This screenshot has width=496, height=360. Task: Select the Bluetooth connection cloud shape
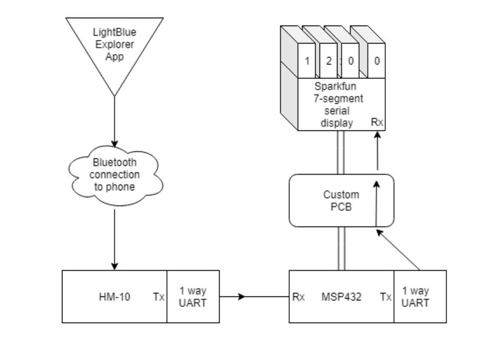point(114,175)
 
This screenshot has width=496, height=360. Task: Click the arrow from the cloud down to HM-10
point(114,239)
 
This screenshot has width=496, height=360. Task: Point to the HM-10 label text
point(114,297)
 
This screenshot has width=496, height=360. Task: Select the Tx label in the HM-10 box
point(158,297)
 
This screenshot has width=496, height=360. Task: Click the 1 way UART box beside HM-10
point(193,297)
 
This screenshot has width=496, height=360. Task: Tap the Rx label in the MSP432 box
point(299,297)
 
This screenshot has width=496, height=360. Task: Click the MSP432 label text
point(341,297)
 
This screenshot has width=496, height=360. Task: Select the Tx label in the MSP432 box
point(385,297)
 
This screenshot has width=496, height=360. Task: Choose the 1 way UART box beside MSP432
point(420,297)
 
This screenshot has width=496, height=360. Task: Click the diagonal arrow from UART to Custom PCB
point(399,250)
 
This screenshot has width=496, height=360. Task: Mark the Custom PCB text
point(341,200)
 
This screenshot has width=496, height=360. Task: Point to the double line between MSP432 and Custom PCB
point(341,248)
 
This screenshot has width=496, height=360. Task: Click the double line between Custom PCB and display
point(341,152)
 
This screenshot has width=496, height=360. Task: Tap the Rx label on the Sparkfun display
point(377,122)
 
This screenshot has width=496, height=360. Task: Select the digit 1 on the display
point(307,61)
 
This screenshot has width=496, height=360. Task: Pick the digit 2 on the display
point(329,61)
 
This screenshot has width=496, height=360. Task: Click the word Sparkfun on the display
point(341,87)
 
